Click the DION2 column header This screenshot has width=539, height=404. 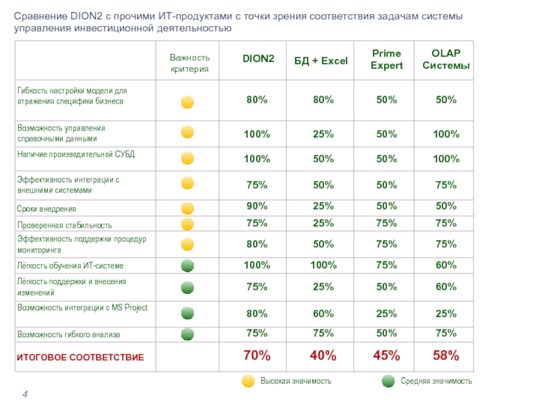click(x=258, y=60)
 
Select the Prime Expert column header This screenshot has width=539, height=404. click(x=387, y=60)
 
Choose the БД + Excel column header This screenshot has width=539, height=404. click(x=321, y=61)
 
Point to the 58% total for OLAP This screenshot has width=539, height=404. click(x=446, y=355)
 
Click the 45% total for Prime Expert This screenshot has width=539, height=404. click(x=386, y=355)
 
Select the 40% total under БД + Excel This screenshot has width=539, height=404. click(x=323, y=355)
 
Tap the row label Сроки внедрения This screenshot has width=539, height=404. click(x=46, y=209)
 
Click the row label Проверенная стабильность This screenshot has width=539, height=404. click(x=65, y=225)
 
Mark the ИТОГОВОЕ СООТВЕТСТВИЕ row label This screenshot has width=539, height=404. click(x=80, y=357)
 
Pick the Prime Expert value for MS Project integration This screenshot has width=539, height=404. click(x=386, y=313)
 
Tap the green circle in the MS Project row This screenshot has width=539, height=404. click(x=188, y=312)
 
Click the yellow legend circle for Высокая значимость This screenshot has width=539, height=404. click(x=248, y=381)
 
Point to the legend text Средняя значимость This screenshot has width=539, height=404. click(x=436, y=381)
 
